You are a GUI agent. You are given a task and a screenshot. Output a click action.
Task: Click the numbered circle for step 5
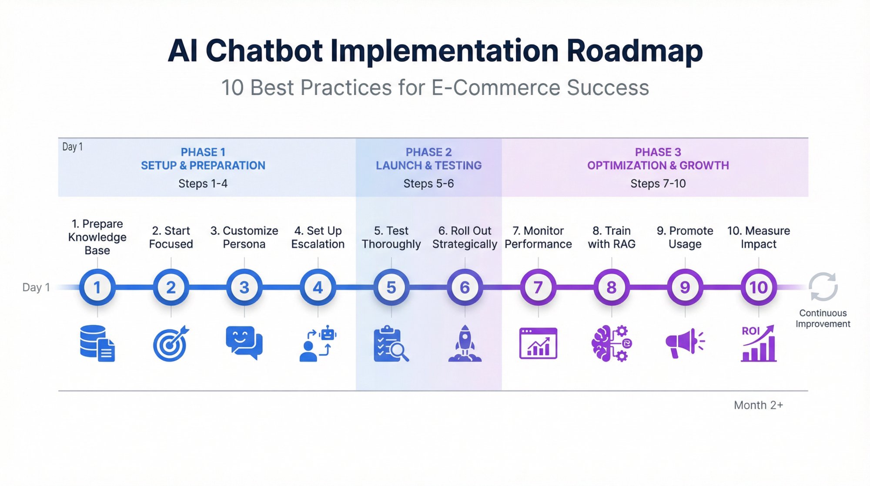(x=391, y=287)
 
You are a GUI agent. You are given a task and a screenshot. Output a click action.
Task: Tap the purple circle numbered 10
(x=758, y=287)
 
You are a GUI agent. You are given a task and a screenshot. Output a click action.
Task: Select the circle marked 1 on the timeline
(x=97, y=287)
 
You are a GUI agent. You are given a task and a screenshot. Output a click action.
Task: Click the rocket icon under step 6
(x=465, y=344)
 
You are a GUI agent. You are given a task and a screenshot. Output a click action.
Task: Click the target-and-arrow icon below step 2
(x=171, y=344)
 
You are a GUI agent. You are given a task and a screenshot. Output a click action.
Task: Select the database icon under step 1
(x=97, y=344)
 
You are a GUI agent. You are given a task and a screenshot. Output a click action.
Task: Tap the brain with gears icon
(x=611, y=344)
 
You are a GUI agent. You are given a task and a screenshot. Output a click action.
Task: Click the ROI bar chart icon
(x=758, y=344)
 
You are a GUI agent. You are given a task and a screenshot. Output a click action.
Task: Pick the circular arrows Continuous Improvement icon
(x=823, y=287)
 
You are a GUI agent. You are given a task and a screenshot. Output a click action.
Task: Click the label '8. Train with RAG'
(x=611, y=237)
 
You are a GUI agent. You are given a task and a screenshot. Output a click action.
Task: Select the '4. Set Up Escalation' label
(x=318, y=237)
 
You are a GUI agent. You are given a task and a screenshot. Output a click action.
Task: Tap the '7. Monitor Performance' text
(x=538, y=237)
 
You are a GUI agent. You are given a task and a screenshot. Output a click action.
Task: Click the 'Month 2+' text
(x=758, y=405)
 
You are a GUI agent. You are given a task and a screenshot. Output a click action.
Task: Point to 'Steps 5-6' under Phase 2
(x=428, y=184)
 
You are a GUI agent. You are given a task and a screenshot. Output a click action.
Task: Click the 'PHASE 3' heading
(x=658, y=152)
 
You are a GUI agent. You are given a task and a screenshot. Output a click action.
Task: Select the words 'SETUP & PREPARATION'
(x=203, y=165)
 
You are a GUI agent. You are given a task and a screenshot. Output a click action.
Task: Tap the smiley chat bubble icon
(x=244, y=342)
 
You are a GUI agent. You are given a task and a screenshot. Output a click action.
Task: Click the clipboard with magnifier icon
(x=391, y=344)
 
